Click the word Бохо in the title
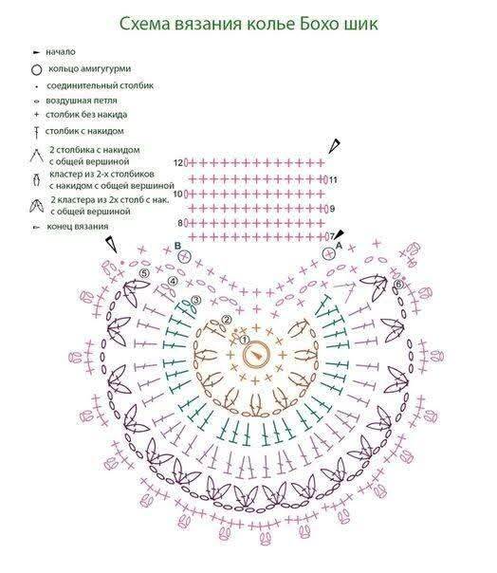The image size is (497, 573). point(318,24)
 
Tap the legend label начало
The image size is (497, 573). point(61,52)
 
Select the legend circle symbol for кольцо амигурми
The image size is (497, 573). point(37,69)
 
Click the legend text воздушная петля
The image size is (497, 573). point(82,101)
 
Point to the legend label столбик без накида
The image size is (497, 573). point(86,115)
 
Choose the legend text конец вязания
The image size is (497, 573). point(78,227)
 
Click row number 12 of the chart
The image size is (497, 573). point(178,162)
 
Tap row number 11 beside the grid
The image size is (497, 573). point(333,180)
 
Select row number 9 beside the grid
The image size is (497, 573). point(332,209)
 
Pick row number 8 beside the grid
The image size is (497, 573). point(180,223)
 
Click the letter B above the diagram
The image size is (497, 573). point(177,245)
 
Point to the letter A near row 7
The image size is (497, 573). point(339,246)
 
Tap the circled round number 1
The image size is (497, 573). point(244,341)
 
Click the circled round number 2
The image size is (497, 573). point(227,320)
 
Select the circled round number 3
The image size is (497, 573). point(196,300)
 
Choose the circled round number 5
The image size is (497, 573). point(144,273)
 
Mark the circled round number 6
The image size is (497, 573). point(398,284)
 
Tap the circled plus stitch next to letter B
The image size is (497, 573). point(185,256)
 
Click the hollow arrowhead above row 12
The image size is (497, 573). point(334,146)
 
